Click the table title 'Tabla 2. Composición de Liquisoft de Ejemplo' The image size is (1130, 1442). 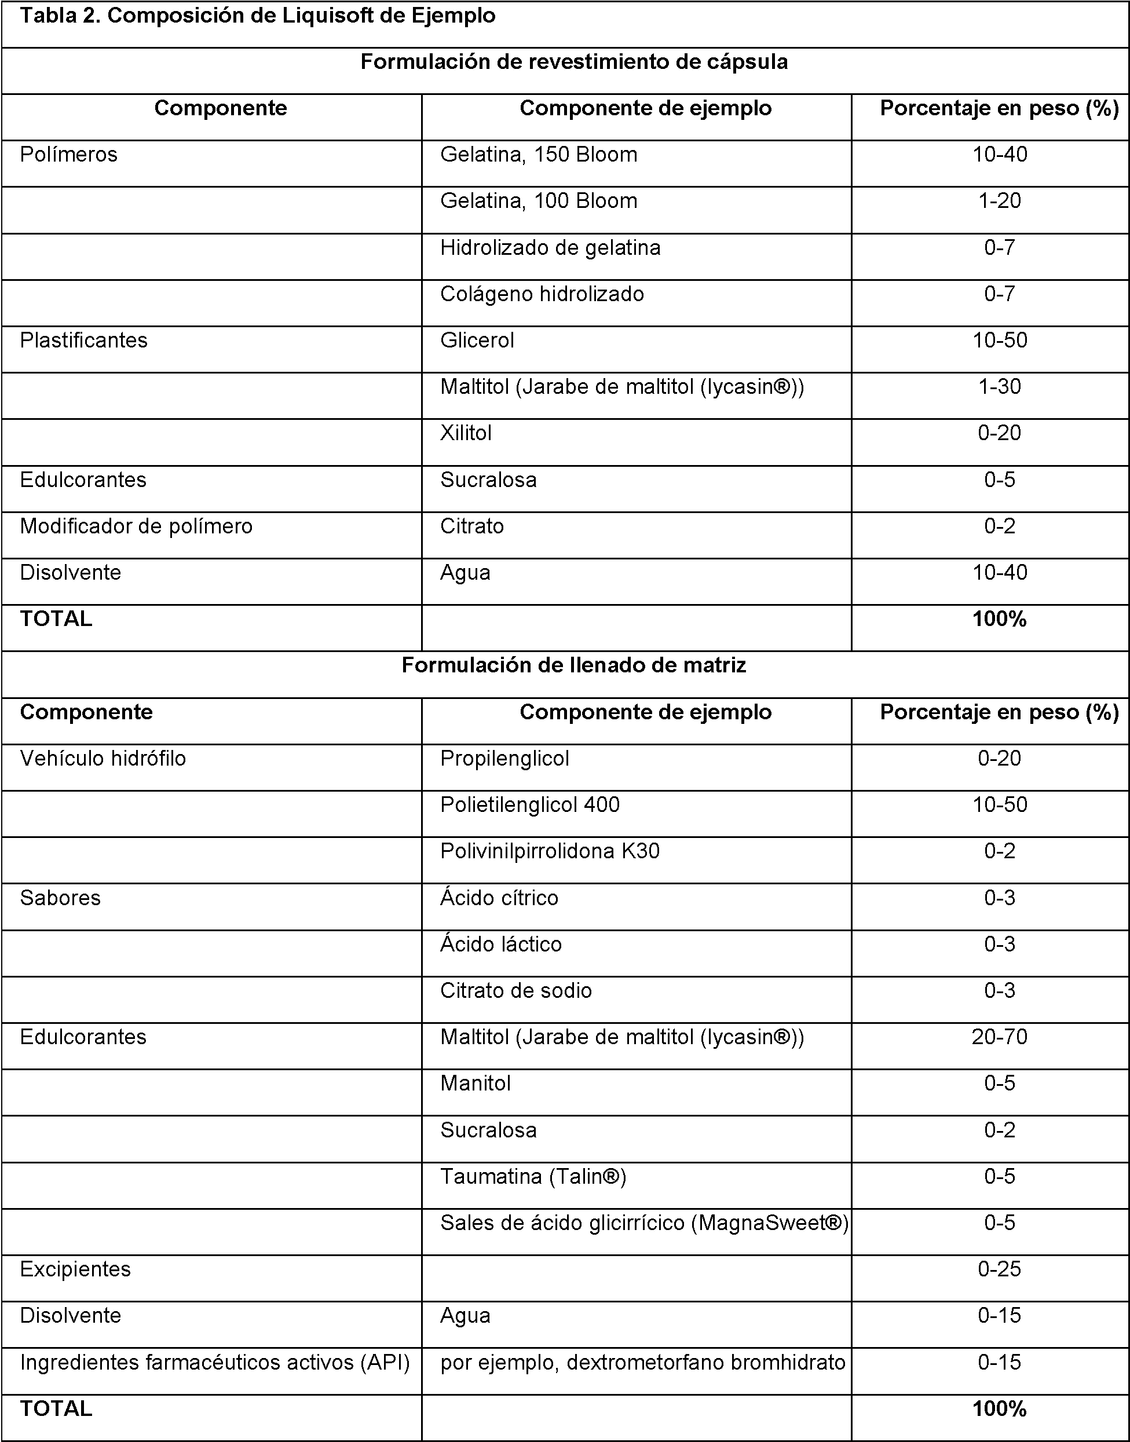tap(257, 16)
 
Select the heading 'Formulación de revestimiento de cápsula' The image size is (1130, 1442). tap(573, 62)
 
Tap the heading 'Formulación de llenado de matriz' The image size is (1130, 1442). tap(573, 665)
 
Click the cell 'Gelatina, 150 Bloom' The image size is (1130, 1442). tap(539, 155)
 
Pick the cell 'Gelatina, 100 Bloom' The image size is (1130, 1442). tap(539, 201)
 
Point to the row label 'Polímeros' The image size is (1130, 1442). tap(69, 155)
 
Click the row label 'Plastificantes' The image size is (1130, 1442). tap(83, 341)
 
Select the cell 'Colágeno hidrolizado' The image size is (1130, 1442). tap(542, 294)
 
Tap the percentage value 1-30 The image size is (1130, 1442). tap(999, 387)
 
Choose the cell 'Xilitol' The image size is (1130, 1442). tap(466, 433)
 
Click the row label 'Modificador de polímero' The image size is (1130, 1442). tap(136, 526)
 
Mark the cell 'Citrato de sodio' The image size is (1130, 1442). tap(516, 991)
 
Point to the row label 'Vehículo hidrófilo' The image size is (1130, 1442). tap(103, 759)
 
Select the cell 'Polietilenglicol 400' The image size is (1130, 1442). tap(530, 805)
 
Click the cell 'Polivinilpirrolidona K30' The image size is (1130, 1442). tap(550, 851)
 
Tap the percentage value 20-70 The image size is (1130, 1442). tap(999, 1037)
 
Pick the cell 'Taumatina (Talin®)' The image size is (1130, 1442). tap(533, 1177)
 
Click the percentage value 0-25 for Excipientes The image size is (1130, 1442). tap(999, 1269)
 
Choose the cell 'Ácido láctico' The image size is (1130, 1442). tap(501, 945)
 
